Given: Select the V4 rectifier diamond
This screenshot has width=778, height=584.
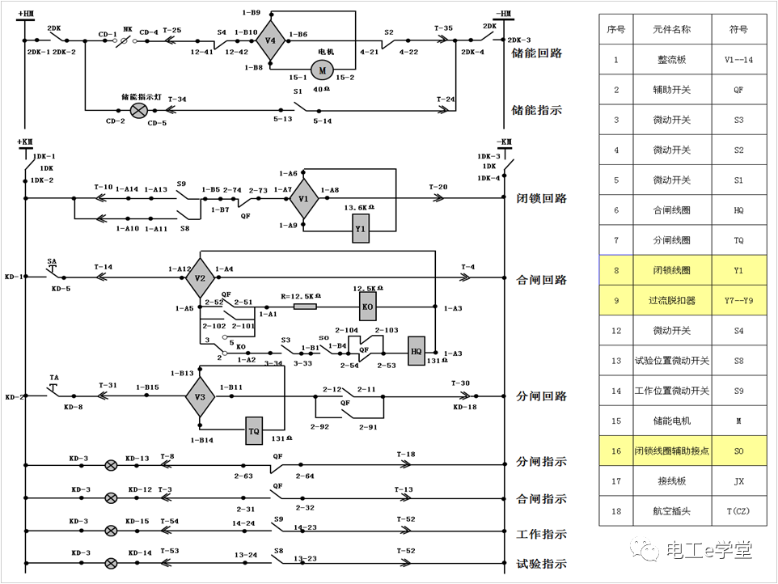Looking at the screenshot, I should [271, 40].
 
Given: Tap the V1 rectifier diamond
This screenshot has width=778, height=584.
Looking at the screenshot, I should [304, 197].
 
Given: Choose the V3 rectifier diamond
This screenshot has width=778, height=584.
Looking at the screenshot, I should [201, 396].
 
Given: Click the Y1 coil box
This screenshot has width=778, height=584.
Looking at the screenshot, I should [362, 230].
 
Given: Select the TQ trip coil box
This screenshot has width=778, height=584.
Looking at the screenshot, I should [254, 431].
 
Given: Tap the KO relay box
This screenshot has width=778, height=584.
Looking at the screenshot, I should [366, 307].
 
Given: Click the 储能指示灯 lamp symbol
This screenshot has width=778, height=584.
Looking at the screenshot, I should [139, 109].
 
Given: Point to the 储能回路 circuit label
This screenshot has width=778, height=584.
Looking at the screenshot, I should [537, 53].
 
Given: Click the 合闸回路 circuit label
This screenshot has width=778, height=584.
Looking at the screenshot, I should [541, 281].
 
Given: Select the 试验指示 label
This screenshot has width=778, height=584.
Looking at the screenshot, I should [541, 564].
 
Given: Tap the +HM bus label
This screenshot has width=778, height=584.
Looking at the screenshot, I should [25, 14].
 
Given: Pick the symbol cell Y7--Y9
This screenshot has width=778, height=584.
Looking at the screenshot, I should [738, 300].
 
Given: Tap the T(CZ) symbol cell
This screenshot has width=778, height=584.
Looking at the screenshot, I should [738, 511].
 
